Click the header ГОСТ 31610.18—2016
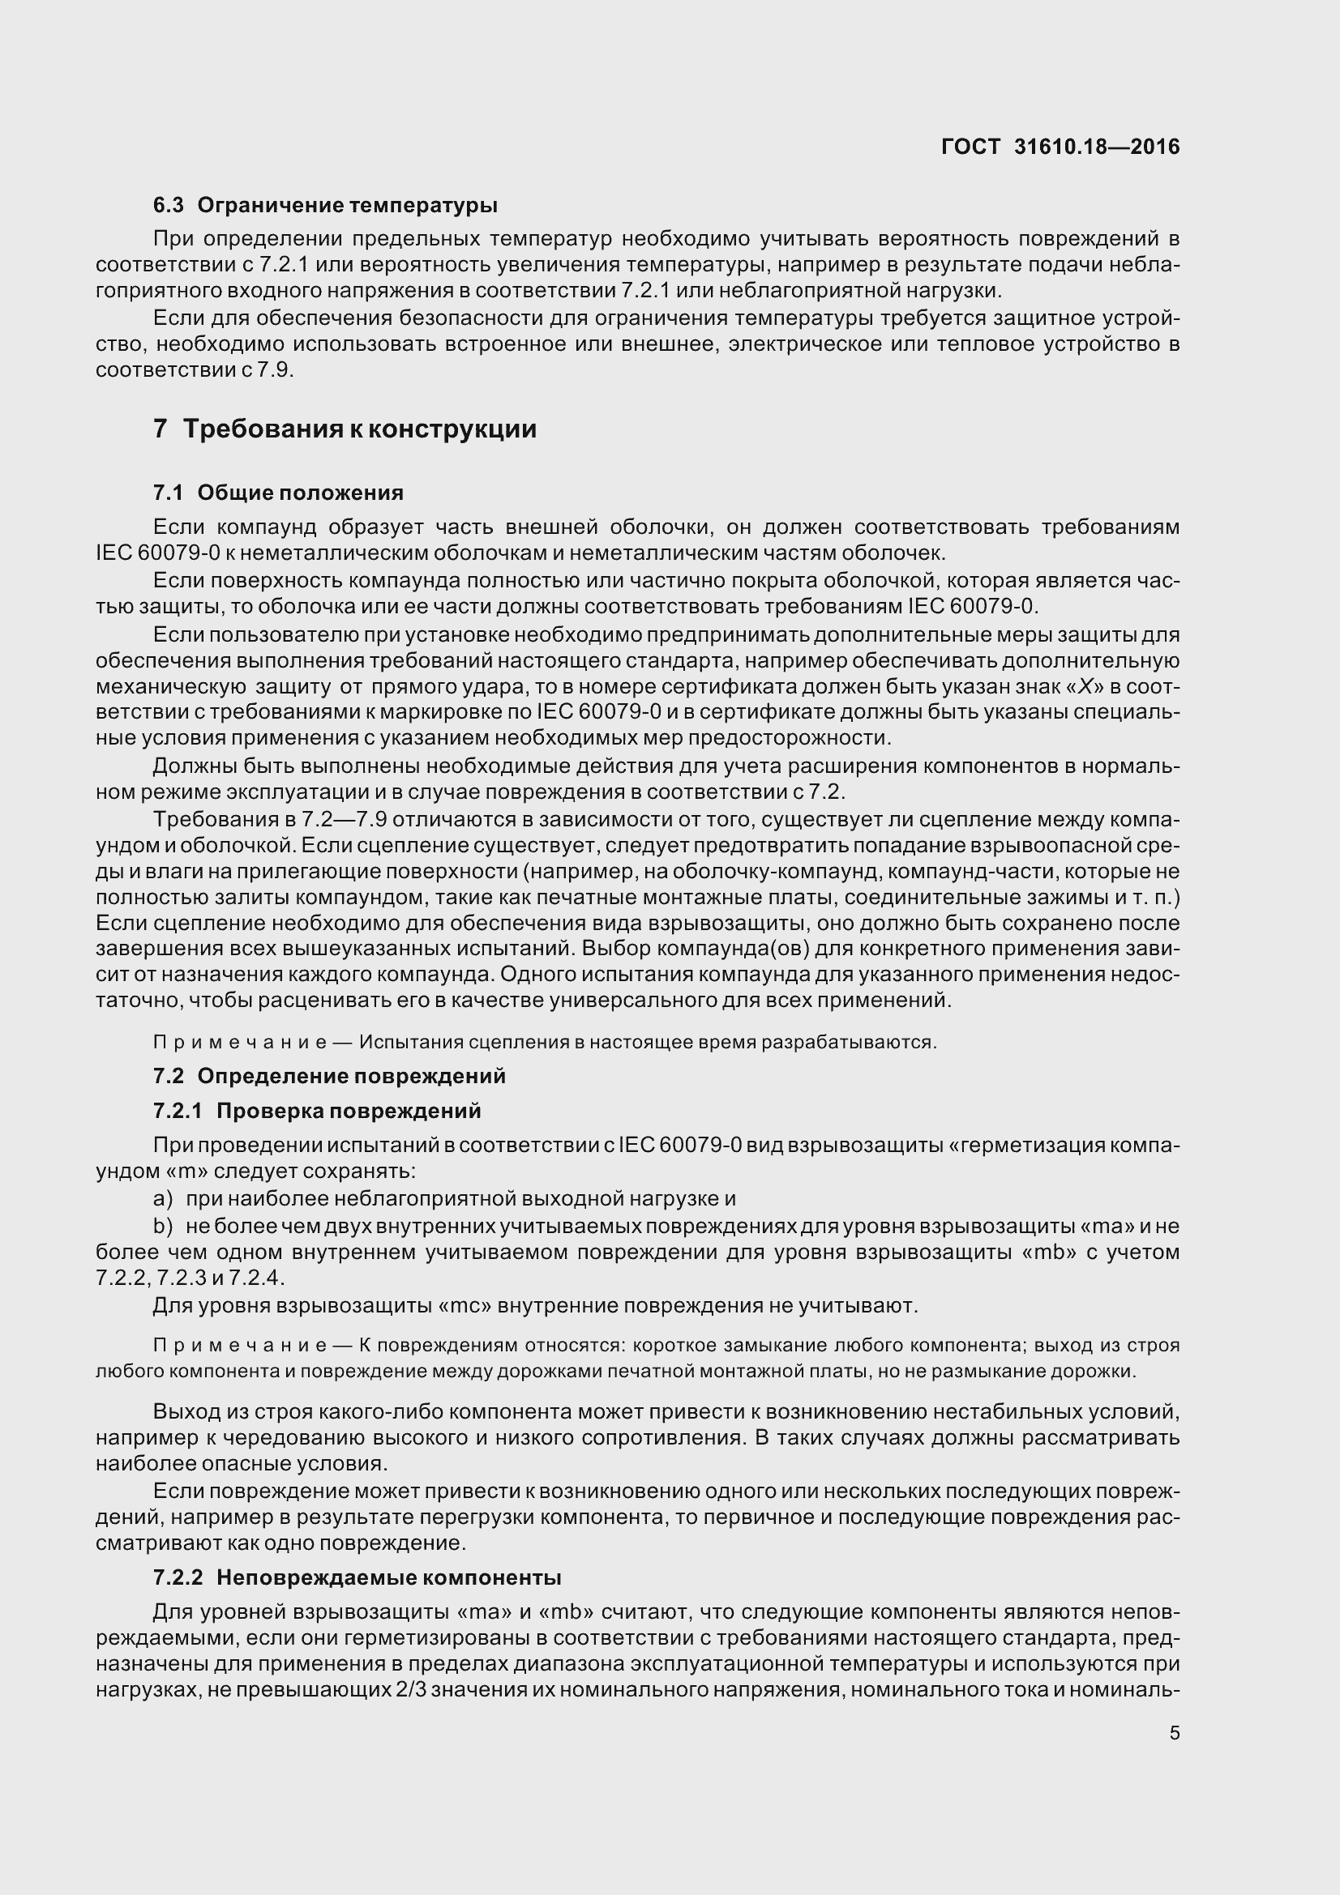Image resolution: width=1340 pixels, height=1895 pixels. click(1060, 147)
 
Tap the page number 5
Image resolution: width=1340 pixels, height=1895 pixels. click(1174, 1733)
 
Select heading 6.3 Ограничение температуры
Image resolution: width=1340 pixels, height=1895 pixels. click(325, 205)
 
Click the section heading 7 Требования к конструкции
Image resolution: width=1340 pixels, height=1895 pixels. click(345, 429)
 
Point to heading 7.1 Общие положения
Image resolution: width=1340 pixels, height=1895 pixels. click(278, 493)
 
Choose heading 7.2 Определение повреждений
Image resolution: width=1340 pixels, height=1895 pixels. click(328, 1076)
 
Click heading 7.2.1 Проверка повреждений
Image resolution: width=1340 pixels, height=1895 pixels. click(317, 1111)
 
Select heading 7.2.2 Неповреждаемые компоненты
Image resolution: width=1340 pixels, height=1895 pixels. click(357, 1577)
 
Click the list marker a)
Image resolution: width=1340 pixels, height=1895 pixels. click(163, 1198)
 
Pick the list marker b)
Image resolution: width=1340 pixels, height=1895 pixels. click(163, 1226)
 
